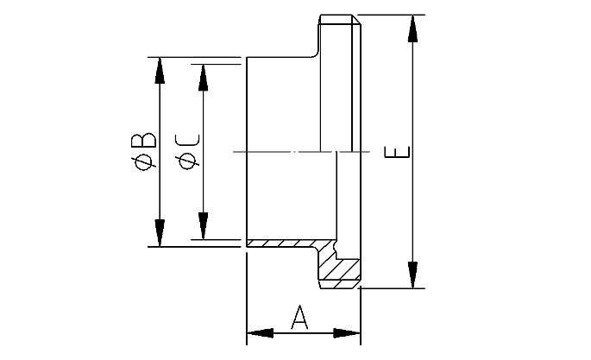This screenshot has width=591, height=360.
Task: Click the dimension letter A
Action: pyautogui.click(x=300, y=317)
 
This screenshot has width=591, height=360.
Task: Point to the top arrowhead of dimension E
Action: pyautogui.click(x=413, y=26)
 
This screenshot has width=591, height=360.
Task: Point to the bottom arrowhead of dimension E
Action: pyautogui.click(x=413, y=276)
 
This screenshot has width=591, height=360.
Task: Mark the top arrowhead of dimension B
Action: pyautogui.click(x=160, y=70)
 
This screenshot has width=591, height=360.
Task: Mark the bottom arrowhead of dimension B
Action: pyautogui.click(x=160, y=234)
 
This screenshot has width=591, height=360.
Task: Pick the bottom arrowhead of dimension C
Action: pyautogui.click(x=203, y=227)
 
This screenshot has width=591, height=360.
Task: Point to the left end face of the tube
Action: pyautogui.click(x=247, y=152)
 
